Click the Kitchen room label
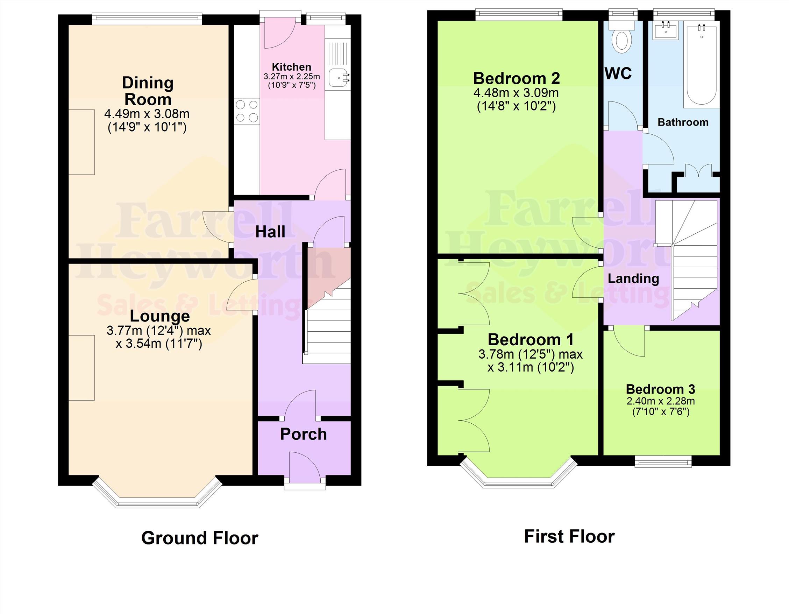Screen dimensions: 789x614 click(292, 67)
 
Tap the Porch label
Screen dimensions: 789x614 click(304, 435)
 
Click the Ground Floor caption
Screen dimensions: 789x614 click(200, 538)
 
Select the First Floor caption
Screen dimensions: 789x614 click(569, 537)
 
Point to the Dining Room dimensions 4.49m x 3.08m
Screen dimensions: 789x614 click(147, 114)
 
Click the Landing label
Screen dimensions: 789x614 click(633, 278)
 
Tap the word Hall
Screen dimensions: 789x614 click(270, 232)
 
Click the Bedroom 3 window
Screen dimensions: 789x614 click(663, 461)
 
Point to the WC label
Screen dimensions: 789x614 click(618, 73)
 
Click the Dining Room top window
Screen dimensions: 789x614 click(147, 19)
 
